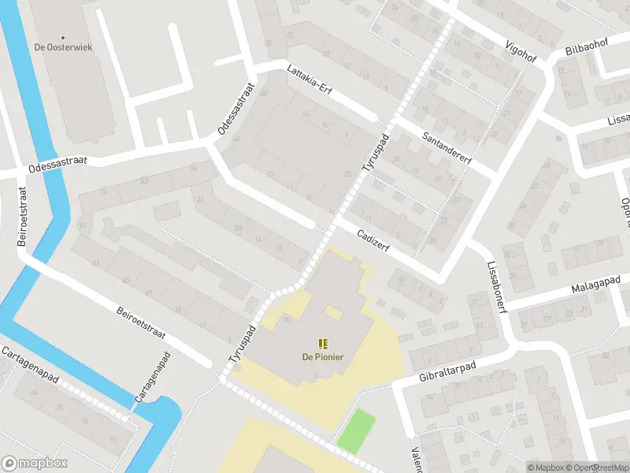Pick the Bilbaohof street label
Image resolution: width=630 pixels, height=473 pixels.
click(587, 45)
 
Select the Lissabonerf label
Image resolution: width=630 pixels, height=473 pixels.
click(495, 286)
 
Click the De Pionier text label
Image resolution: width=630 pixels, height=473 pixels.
click(323, 356)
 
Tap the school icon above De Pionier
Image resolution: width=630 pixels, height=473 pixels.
click(323, 343)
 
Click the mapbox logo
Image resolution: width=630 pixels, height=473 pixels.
click(33, 463)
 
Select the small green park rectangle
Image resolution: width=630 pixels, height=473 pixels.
click(357, 430)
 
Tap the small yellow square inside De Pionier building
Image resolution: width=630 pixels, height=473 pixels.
click(333, 313)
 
